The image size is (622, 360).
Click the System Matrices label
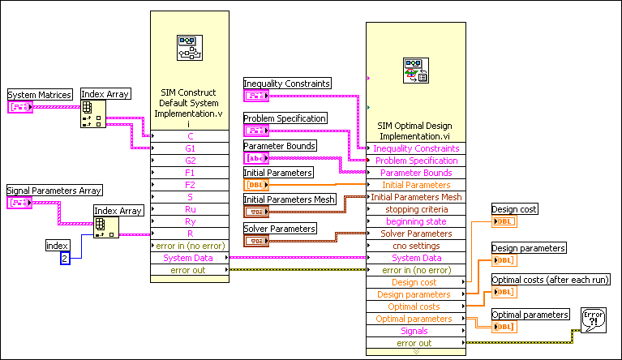pos(40,95)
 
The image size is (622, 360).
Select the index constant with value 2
pos(64,258)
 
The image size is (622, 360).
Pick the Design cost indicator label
pos(515,209)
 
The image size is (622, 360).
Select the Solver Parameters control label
pos(280,229)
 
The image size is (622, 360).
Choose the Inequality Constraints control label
pos(287,83)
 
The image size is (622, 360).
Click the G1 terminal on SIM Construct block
pos(191,148)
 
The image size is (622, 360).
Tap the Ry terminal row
pos(191,221)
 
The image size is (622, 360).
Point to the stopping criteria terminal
pos(415,209)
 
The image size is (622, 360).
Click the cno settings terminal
pos(415,246)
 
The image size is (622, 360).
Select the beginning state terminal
pos(415,221)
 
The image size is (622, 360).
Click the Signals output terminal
pos(415,331)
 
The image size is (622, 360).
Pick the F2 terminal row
pos(191,185)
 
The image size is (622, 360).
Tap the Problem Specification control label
pos(285,118)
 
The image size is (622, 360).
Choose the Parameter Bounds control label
pos(280,146)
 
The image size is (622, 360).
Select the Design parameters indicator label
pos(529,248)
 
